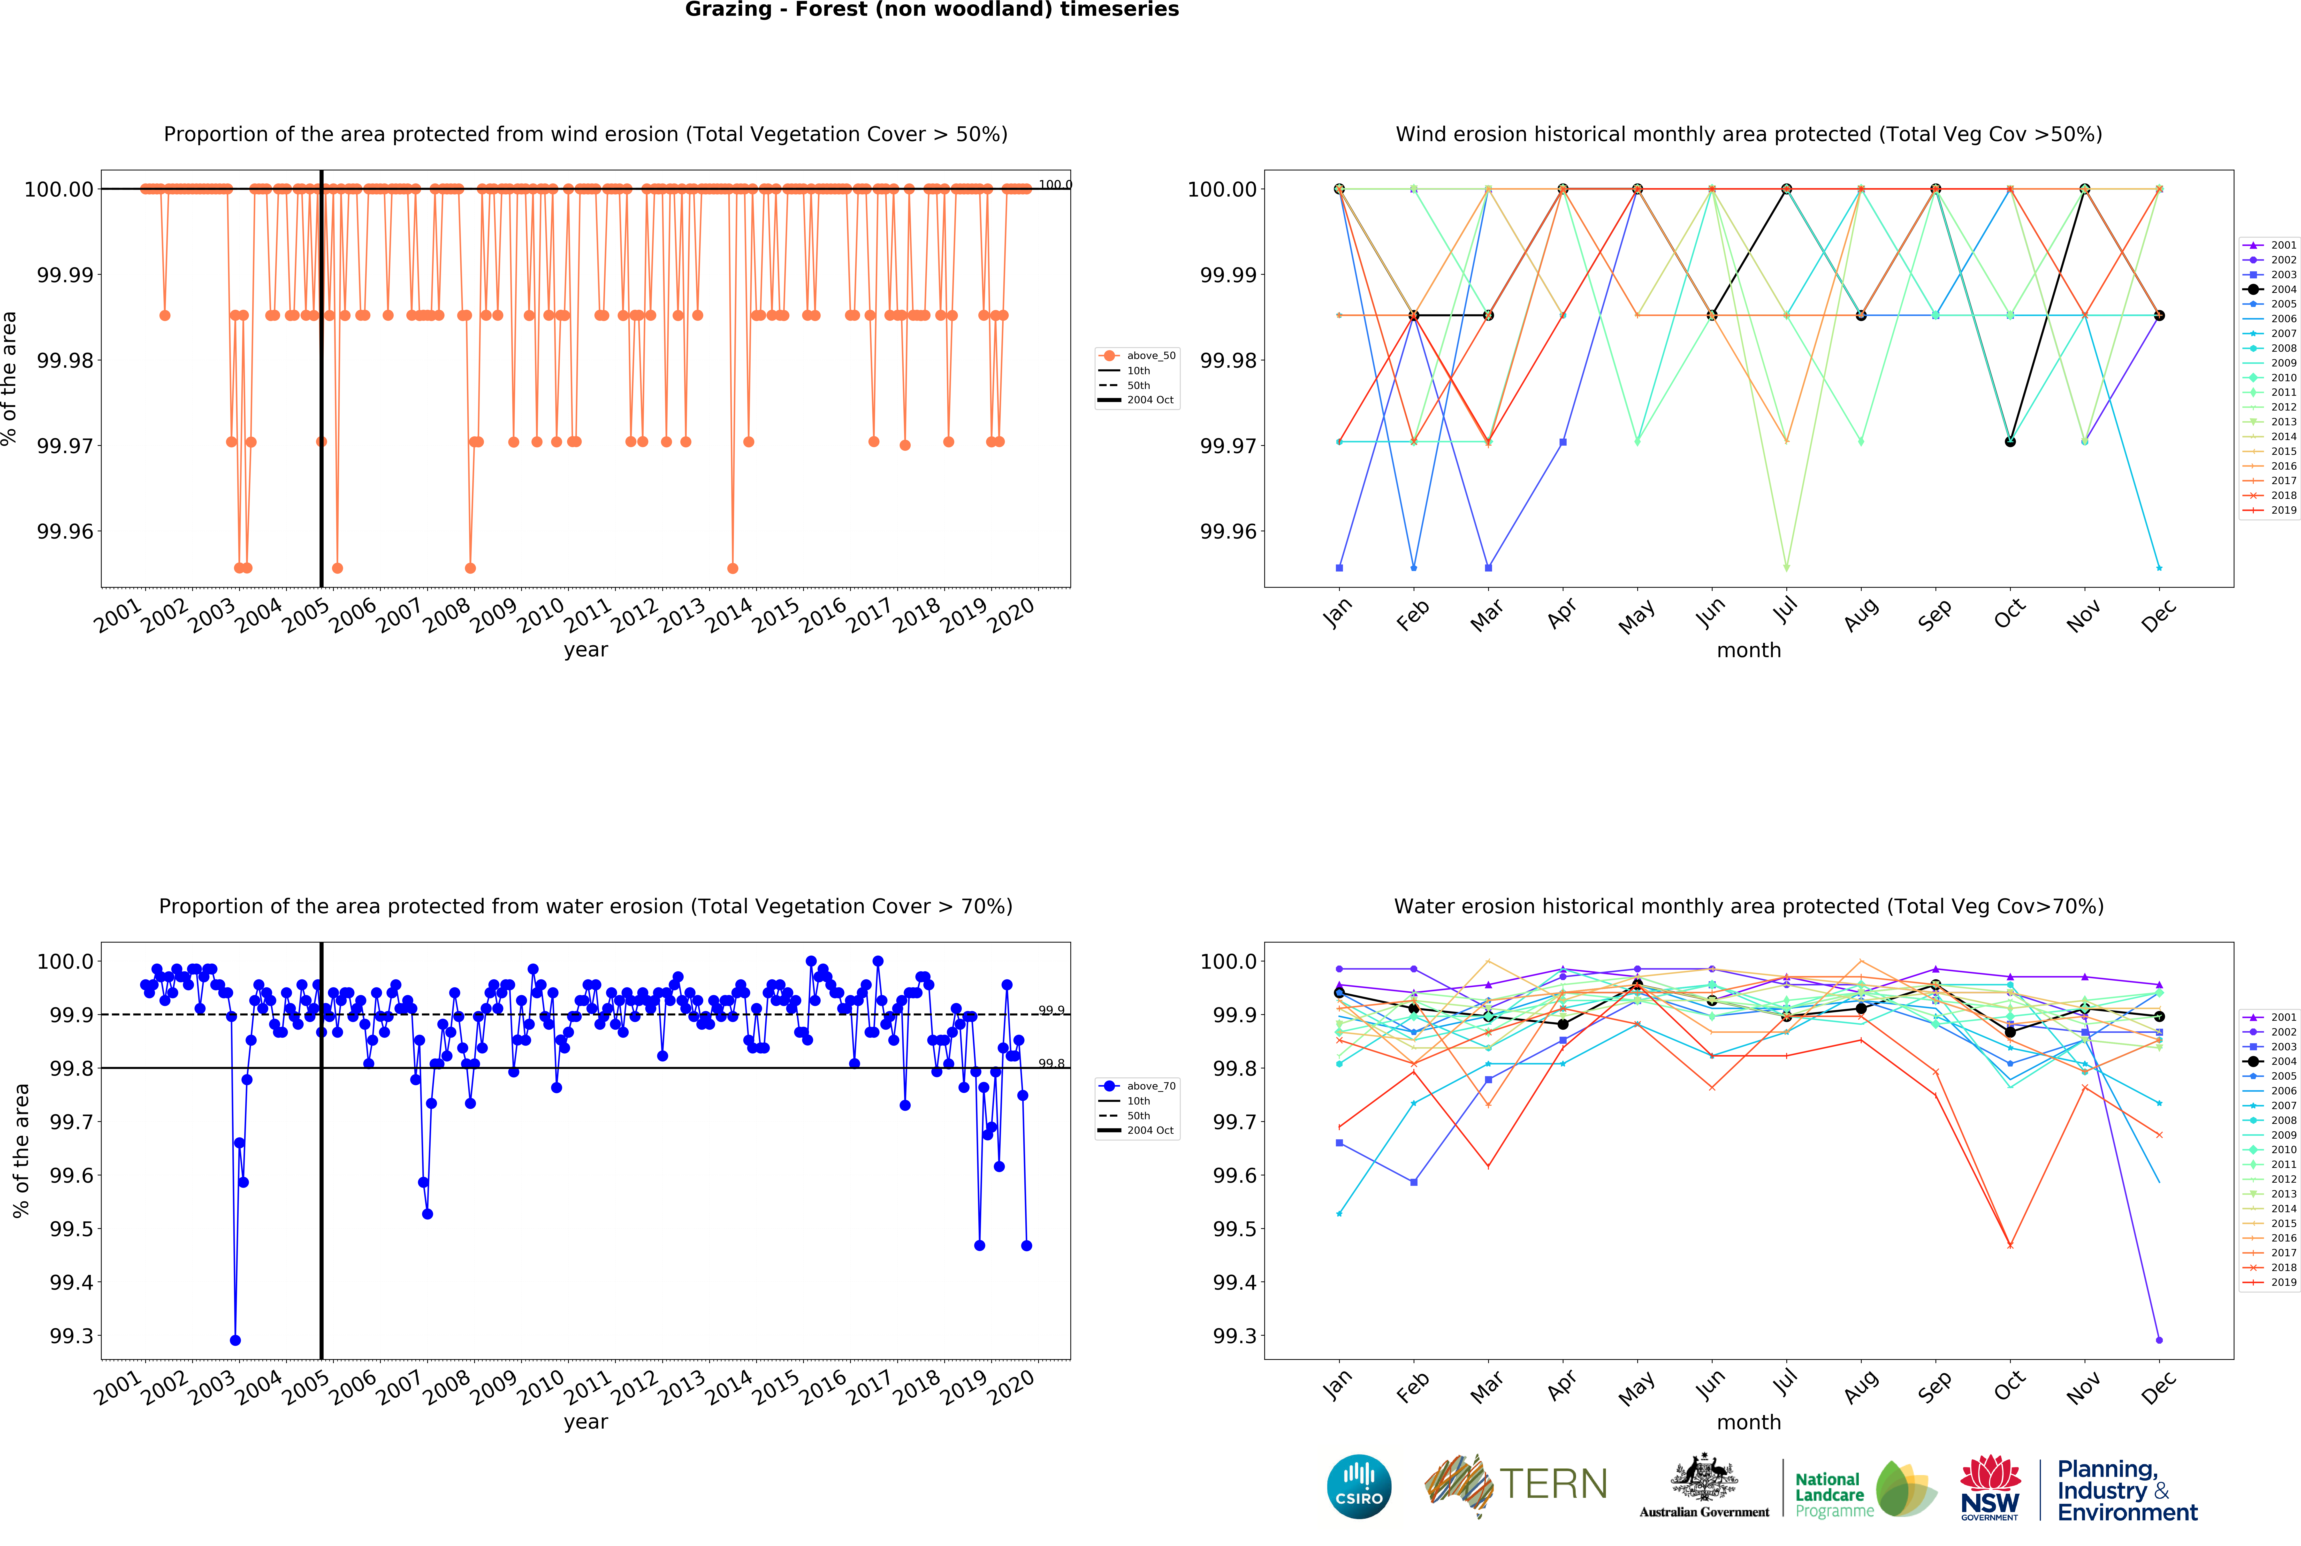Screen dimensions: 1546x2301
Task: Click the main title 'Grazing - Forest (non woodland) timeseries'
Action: click(x=932, y=10)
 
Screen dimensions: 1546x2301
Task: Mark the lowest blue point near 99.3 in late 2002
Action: click(x=235, y=1340)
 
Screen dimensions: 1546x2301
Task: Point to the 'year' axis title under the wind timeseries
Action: click(x=586, y=650)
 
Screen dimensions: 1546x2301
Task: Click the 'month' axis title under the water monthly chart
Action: click(x=1748, y=1422)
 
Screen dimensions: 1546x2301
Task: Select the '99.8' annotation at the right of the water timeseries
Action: click(x=1051, y=1064)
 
